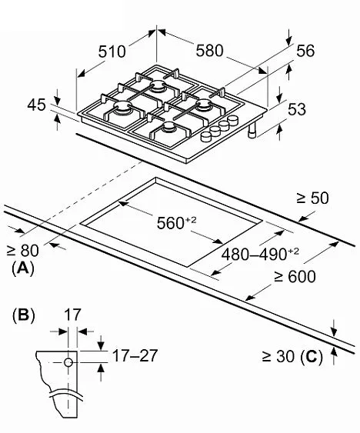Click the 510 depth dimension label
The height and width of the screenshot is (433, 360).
(x=112, y=52)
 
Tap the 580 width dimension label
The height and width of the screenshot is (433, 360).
(x=209, y=51)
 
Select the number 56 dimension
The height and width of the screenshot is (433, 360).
(x=305, y=51)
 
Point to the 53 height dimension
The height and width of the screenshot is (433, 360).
(x=297, y=109)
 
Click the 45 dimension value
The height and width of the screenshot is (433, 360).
(x=36, y=105)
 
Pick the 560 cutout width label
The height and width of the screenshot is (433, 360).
(x=176, y=222)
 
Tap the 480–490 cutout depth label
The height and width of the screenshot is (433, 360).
(x=260, y=254)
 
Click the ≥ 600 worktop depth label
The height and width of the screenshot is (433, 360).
(x=295, y=276)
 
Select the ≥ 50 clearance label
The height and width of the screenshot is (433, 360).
(x=312, y=198)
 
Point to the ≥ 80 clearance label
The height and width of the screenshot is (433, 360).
(x=23, y=251)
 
